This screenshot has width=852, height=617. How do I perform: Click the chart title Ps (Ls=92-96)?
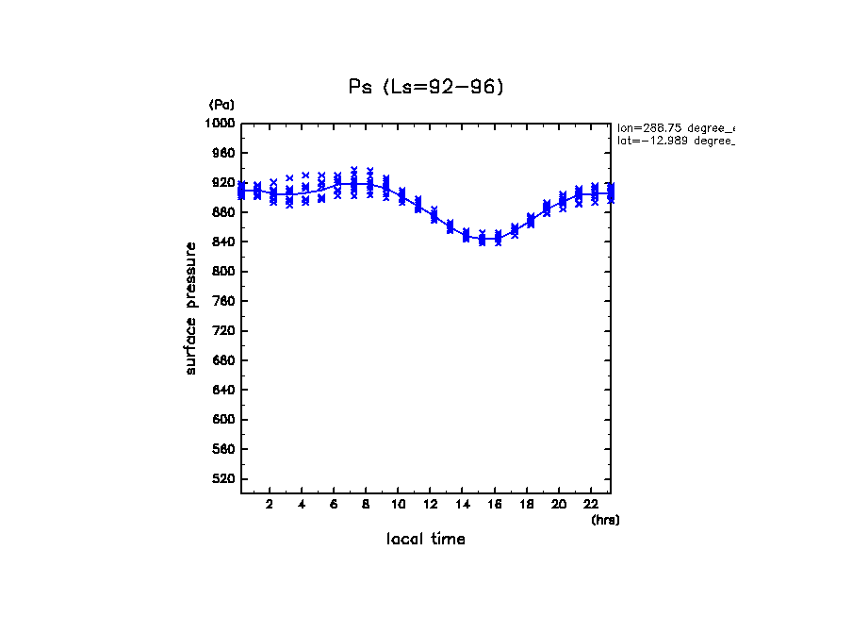point(426,87)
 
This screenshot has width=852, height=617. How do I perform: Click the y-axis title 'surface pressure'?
point(191,308)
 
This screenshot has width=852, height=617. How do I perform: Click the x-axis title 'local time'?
point(425,539)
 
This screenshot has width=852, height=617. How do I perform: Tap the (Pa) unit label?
point(221,105)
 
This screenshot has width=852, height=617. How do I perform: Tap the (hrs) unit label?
point(604,519)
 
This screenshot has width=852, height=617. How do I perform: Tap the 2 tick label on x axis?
point(270,504)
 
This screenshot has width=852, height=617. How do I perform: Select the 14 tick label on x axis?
point(463,504)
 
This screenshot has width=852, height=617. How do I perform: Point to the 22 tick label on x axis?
point(592,504)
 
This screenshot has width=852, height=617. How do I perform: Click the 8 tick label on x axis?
point(367,504)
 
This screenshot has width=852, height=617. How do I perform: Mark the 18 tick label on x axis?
point(527,504)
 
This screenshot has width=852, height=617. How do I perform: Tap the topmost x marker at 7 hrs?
point(353,170)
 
